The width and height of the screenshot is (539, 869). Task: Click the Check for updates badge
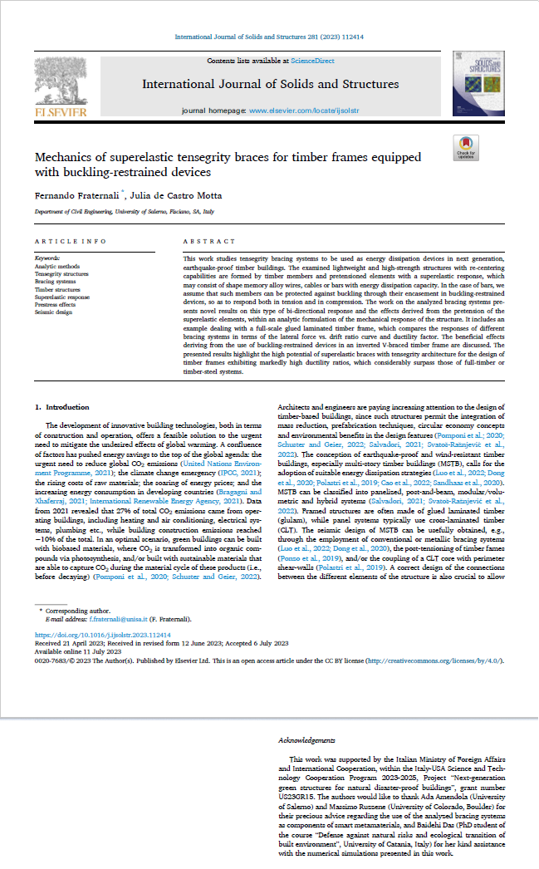[466, 148]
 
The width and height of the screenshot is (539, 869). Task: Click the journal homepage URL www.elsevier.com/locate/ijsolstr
[305, 110]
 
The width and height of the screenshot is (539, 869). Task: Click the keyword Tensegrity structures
[61, 272]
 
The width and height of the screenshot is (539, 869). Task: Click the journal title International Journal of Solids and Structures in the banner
[270, 84]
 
